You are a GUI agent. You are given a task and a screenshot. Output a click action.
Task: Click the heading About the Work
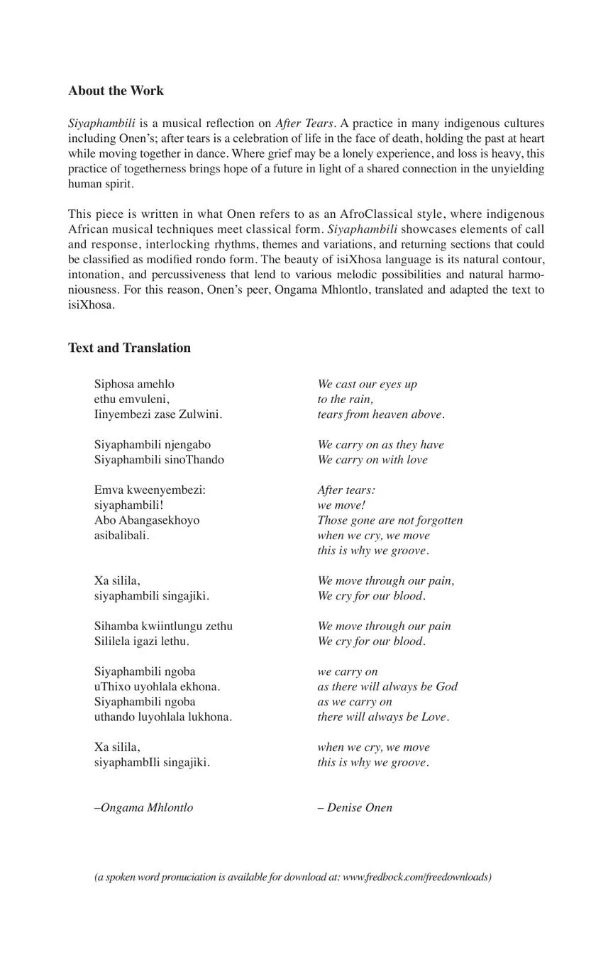pos(116,91)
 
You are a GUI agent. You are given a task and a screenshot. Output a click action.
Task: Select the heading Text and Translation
pos(129,348)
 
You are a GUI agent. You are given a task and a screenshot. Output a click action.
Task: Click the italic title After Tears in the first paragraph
pos(304,123)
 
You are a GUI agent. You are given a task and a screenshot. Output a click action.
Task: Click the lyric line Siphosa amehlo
pos(134,385)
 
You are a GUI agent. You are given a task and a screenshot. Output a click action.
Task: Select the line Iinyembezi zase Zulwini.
pos(158,414)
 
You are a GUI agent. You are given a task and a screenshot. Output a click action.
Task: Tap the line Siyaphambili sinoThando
pos(159,460)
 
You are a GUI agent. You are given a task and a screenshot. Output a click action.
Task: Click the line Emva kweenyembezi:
pos(150,490)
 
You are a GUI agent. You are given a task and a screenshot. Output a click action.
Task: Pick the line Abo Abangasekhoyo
pos(147,520)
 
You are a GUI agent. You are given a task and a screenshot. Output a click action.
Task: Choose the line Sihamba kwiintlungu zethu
pos(163,626)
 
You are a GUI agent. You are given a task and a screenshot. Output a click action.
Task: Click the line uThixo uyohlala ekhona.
pos(157,687)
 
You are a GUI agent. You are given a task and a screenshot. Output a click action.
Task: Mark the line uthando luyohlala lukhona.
pos(163,717)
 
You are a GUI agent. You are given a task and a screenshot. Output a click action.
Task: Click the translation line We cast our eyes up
pos(367,385)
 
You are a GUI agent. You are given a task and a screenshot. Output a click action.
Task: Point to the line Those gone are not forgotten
pos(390,520)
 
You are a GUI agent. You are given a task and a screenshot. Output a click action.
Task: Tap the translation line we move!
pos(341,505)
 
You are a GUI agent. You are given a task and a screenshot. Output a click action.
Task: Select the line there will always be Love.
pos(383,717)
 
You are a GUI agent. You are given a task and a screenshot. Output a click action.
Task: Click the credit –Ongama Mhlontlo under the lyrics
pos(143,808)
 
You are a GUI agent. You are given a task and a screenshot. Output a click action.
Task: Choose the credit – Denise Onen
pos(355,808)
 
